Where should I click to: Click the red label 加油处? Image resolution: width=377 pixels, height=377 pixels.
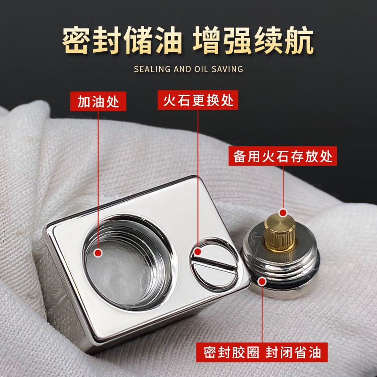[x=98, y=101]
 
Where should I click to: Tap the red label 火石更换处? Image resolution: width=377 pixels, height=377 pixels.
[x=198, y=100]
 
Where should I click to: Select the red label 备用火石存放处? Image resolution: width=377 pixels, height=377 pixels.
[x=282, y=156]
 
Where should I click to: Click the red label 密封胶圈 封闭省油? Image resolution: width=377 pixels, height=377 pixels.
[x=262, y=352]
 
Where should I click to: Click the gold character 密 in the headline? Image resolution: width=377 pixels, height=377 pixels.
[x=76, y=40]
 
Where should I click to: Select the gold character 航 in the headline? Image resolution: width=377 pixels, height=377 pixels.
[x=300, y=40]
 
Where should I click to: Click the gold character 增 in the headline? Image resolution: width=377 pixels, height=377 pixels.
[x=206, y=40]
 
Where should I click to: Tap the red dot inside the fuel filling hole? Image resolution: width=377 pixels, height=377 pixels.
[x=98, y=253]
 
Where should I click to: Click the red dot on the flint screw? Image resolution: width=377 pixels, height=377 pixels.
[x=197, y=252]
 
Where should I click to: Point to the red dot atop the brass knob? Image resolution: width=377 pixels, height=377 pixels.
[x=283, y=213]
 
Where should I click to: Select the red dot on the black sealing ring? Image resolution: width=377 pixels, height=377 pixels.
[x=262, y=281]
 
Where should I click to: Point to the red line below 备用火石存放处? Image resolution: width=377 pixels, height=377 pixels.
[x=283, y=187]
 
